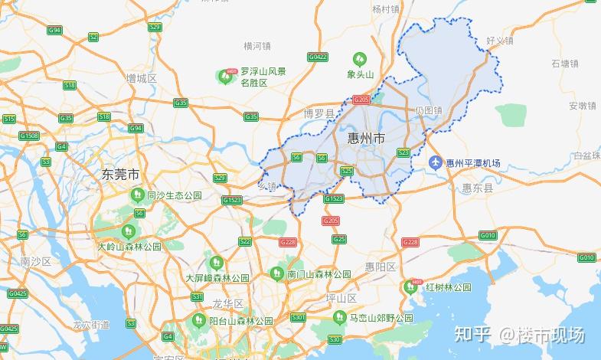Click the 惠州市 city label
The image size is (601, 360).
pyautogui.click(x=367, y=138)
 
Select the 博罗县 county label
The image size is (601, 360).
pyautogui.click(x=320, y=113)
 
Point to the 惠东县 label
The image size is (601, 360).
pyautogui.click(x=478, y=187)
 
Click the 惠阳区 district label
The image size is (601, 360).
pyautogui.click(x=381, y=267)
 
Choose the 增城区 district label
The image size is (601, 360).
pyautogui.click(x=142, y=78)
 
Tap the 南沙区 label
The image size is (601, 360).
pyautogui.click(x=35, y=262)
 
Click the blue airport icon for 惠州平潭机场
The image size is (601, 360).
pyautogui.click(x=435, y=163)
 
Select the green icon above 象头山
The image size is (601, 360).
pyautogui.click(x=359, y=58)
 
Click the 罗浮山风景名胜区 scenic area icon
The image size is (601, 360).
pyautogui.click(x=227, y=76)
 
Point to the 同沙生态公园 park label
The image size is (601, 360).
pyautogui.click(x=174, y=195)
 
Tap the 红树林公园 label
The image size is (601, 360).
pyautogui.click(x=449, y=287)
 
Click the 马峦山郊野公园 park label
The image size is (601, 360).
pyautogui.click(x=376, y=318)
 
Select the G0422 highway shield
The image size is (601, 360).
pyautogui.click(x=317, y=57)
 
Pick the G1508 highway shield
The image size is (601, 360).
pyautogui.click(x=29, y=136)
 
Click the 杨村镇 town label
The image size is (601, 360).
pyautogui.click(x=386, y=9)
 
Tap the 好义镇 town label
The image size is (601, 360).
pyautogui.click(x=499, y=40)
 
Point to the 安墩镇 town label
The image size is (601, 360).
pyautogui.click(x=582, y=105)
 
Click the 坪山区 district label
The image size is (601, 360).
pyautogui.click(x=341, y=297)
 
